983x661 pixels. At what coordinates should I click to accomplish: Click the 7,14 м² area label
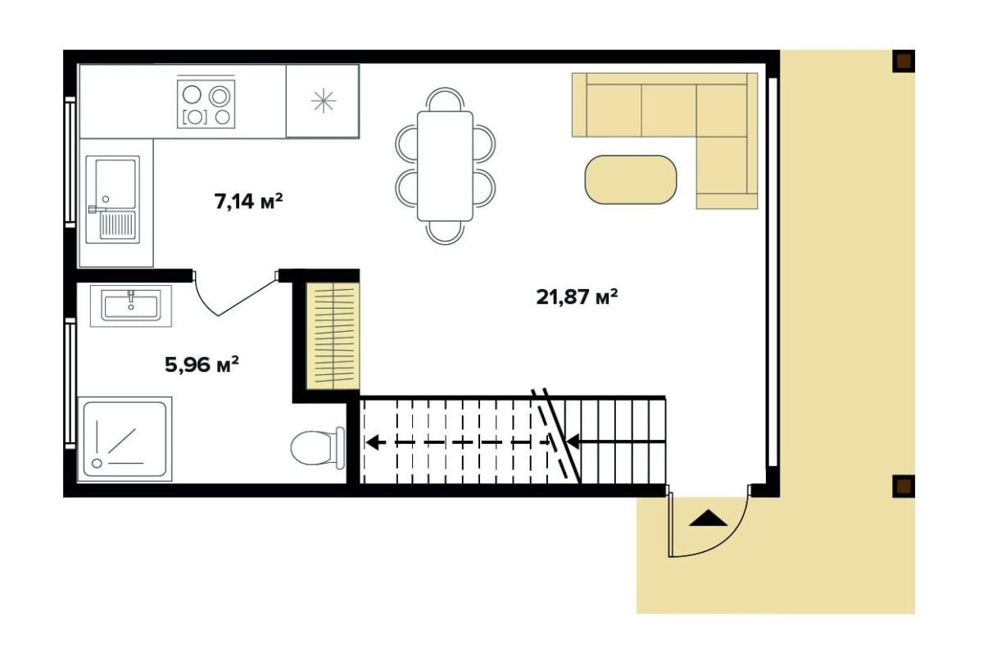248,201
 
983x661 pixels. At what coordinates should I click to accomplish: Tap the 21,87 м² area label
577,297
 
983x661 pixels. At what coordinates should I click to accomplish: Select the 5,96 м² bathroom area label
202,364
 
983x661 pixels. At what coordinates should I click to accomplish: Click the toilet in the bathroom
317,448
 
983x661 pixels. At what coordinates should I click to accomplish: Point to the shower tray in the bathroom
125,439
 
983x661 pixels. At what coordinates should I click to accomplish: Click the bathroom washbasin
131,306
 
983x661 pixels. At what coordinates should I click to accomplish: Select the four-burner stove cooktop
206,104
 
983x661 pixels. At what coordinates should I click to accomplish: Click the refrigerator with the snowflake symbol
323,102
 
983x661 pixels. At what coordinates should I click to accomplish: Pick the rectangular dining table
445,166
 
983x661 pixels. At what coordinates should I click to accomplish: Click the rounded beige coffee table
631,179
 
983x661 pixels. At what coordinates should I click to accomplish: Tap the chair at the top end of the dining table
445,99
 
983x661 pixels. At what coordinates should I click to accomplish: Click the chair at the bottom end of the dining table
445,232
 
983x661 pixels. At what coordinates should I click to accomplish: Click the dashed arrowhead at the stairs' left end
374,442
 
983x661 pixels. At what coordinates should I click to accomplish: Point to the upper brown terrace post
904,61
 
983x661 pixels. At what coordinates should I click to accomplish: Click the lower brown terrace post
904,487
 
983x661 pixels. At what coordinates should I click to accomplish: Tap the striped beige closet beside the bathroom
333,336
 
